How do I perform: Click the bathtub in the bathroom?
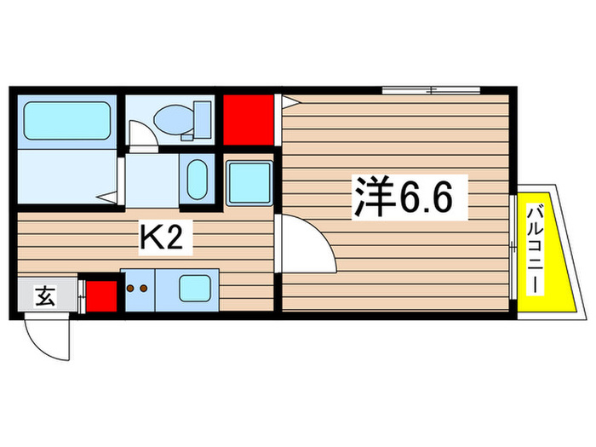click(x=66, y=121)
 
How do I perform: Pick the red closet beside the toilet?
click(x=248, y=120)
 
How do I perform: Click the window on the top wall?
click(x=430, y=89)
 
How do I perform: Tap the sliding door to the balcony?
click(x=513, y=246)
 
